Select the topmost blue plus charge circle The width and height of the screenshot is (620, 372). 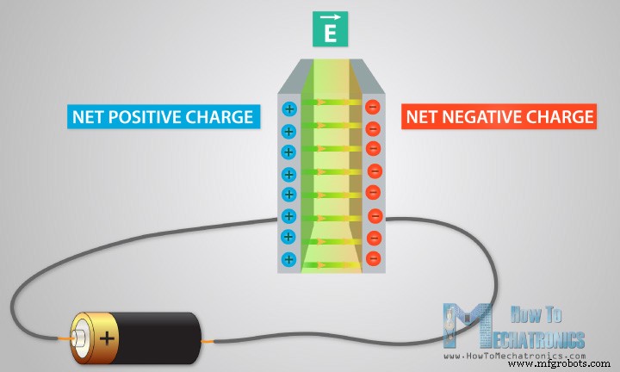[x=288, y=109]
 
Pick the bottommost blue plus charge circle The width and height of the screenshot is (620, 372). [x=288, y=257]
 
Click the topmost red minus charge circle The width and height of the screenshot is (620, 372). [x=372, y=108]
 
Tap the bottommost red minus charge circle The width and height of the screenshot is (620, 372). [x=373, y=257]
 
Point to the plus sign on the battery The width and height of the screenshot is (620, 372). [x=107, y=337]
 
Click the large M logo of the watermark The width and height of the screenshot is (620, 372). [x=465, y=327]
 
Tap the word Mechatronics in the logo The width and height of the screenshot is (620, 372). [x=537, y=337]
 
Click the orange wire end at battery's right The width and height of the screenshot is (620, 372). [x=208, y=342]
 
